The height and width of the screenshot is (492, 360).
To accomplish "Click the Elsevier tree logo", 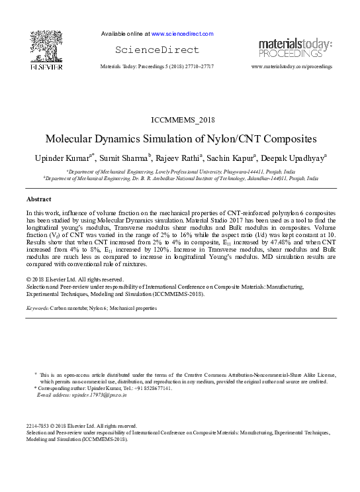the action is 46,50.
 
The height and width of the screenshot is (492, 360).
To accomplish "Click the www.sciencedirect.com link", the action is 182,33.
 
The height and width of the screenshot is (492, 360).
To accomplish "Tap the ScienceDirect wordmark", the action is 157,50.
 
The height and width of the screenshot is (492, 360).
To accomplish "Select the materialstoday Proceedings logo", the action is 295,48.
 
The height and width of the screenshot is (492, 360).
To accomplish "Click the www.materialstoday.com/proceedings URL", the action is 292,67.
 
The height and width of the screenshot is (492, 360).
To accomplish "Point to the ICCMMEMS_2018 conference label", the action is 183,120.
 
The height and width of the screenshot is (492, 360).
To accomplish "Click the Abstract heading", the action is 39,199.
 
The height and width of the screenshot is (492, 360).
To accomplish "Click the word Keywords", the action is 37,309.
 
